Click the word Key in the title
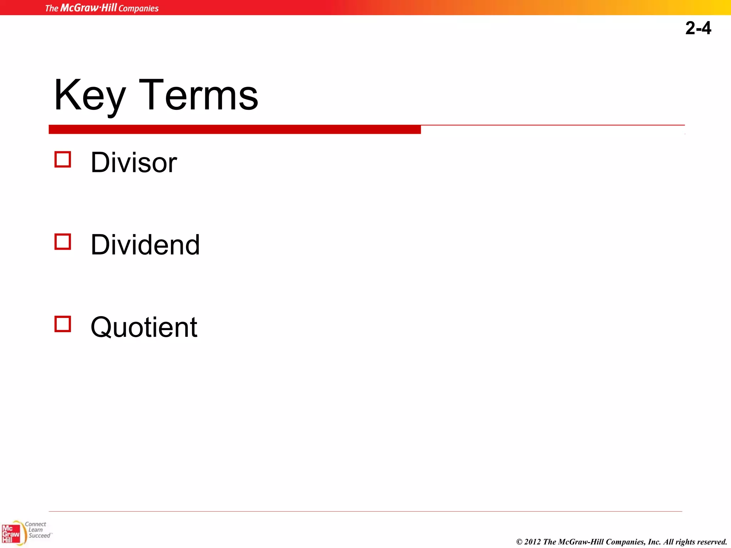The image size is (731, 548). [90, 96]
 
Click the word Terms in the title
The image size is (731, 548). [198, 96]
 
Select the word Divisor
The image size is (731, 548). [133, 163]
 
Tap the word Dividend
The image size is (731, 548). [145, 245]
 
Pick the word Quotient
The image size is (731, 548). [143, 327]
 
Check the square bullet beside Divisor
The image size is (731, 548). [63, 159]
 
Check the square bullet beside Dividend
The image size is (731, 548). [63, 242]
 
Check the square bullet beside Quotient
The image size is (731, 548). [63, 324]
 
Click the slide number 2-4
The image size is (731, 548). [698, 28]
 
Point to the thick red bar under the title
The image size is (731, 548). [235, 130]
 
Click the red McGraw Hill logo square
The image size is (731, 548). [11, 534]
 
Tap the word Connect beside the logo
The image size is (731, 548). [35, 524]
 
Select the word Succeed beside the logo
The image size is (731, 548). [39, 536]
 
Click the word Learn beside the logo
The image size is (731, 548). [36, 530]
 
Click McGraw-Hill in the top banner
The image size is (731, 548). [89, 8]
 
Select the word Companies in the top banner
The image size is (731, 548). [138, 8]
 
